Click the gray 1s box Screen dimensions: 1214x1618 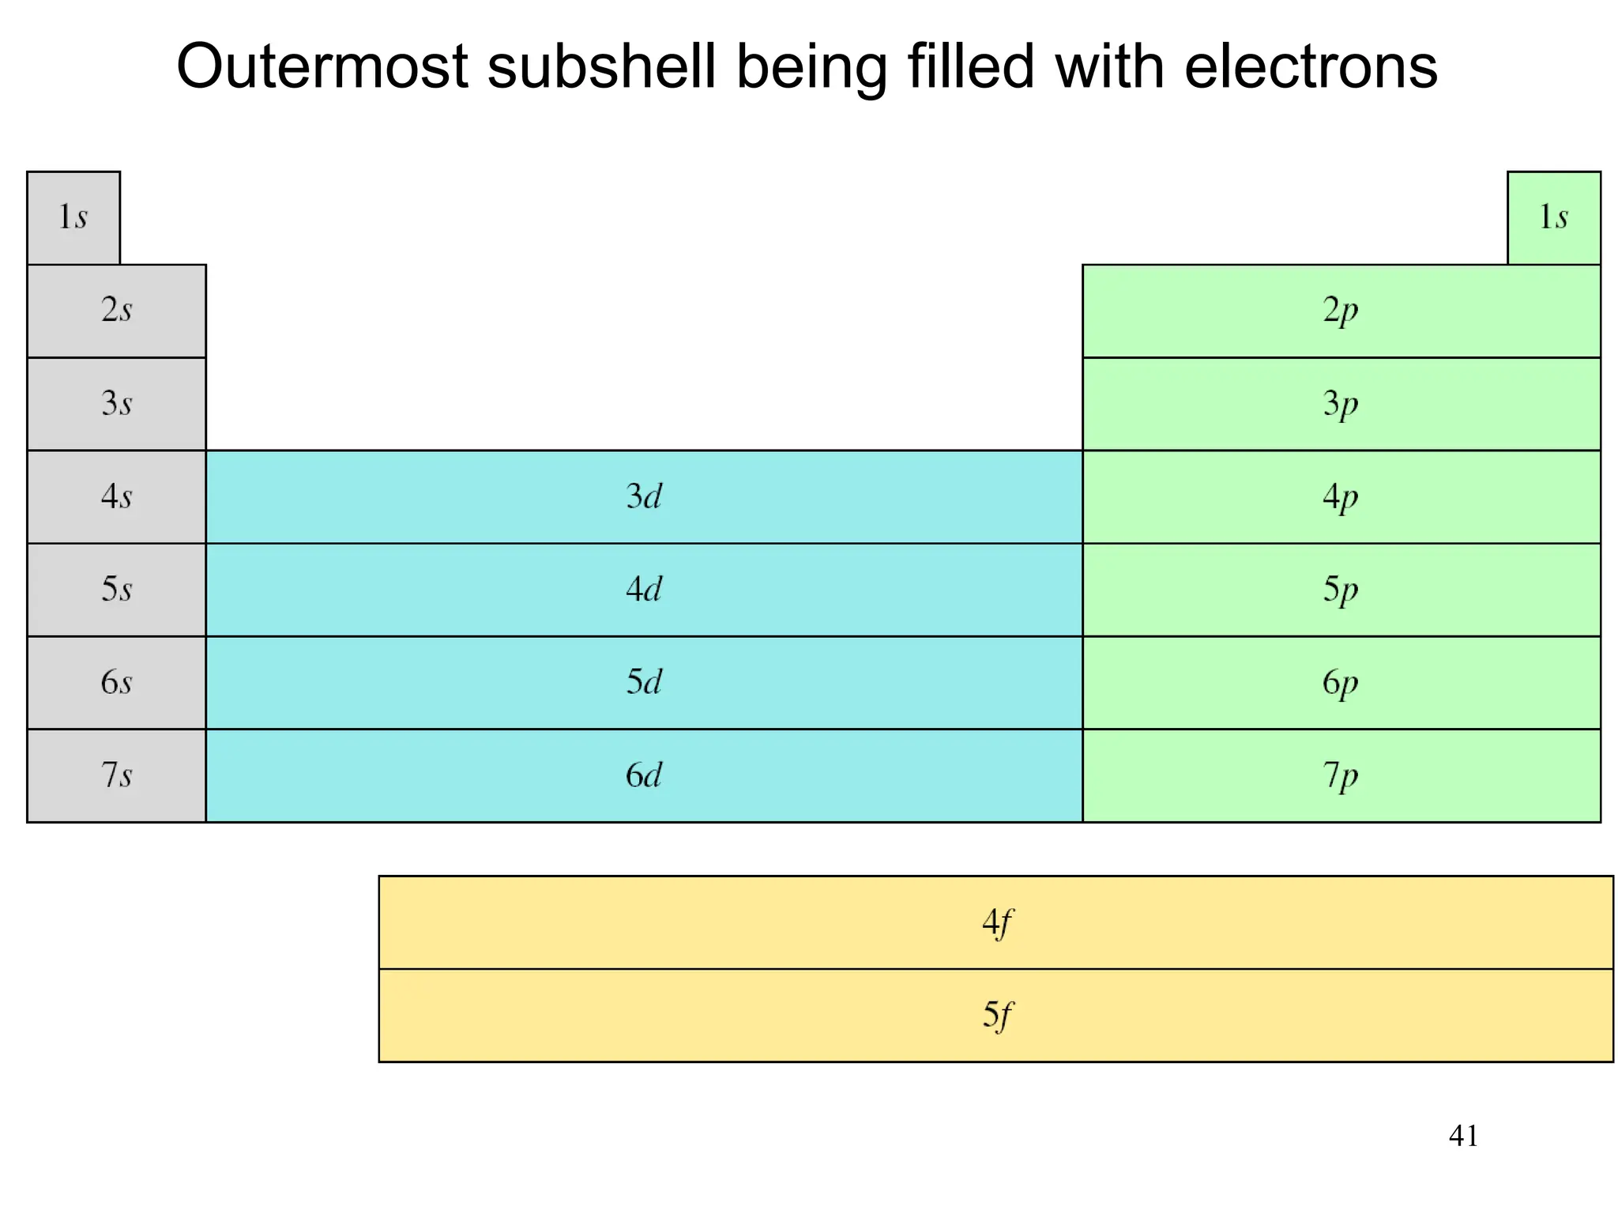(73, 217)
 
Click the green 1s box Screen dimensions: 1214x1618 (1553, 217)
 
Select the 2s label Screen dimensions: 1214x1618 (116, 310)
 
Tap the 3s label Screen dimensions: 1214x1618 (116, 403)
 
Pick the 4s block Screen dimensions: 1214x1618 (116, 496)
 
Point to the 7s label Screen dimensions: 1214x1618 (116, 775)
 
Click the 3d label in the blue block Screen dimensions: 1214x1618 (644, 496)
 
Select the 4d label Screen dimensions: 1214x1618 (644, 590)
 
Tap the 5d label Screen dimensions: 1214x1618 (644, 682)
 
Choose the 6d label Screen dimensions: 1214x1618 (644, 775)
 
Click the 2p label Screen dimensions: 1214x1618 (1341, 310)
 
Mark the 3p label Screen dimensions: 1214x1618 (1341, 404)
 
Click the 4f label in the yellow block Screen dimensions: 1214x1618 (996, 922)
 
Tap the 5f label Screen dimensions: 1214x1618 (996, 1015)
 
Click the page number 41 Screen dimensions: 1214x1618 (1463, 1136)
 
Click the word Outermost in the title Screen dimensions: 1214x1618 (322, 66)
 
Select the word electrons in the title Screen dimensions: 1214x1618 (1311, 66)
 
